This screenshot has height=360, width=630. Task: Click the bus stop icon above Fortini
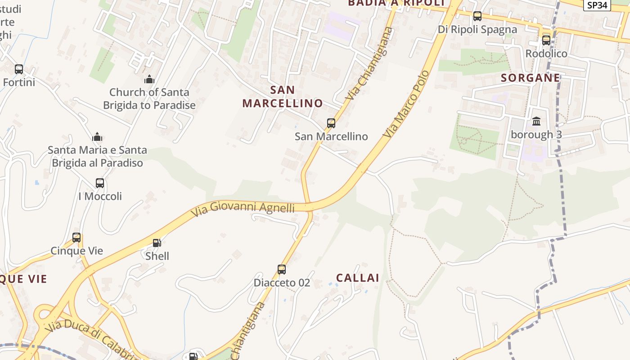click(19, 69)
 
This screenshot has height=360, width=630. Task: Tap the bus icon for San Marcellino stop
click(331, 123)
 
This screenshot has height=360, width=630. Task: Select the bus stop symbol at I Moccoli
click(100, 183)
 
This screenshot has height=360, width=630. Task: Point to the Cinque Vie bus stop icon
click(76, 237)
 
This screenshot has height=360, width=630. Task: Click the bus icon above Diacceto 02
click(282, 270)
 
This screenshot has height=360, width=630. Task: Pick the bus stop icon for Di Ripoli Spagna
click(477, 16)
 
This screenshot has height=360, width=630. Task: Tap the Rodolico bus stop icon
click(546, 40)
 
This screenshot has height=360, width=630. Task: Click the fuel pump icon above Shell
click(157, 243)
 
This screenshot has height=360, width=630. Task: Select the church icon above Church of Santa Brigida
click(149, 80)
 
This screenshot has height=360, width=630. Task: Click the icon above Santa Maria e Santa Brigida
click(97, 137)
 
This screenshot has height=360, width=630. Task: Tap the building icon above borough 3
click(536, 121)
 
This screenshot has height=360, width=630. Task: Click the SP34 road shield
click(597, 5)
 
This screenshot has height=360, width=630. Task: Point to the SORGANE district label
click(531, 78)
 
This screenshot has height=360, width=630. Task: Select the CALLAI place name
click(358, 278)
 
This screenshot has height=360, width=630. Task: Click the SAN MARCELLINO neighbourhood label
click(283, 96)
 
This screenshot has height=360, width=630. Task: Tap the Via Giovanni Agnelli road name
click(243, 207)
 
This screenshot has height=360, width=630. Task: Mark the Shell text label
click(157, 256)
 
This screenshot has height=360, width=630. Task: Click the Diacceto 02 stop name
click(282, 283)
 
